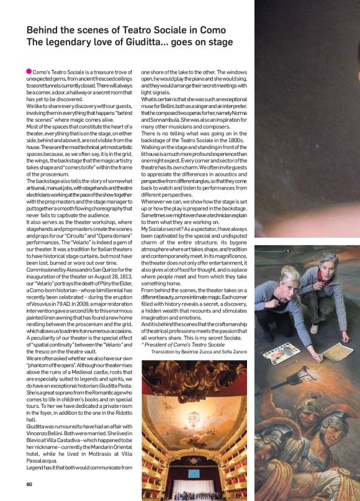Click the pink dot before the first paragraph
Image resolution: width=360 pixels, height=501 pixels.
[29, 71]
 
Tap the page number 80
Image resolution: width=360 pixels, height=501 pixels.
[29, 485]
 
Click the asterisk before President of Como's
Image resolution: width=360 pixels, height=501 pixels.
[143, 344]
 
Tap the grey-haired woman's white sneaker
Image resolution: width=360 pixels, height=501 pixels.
[314, 328]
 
